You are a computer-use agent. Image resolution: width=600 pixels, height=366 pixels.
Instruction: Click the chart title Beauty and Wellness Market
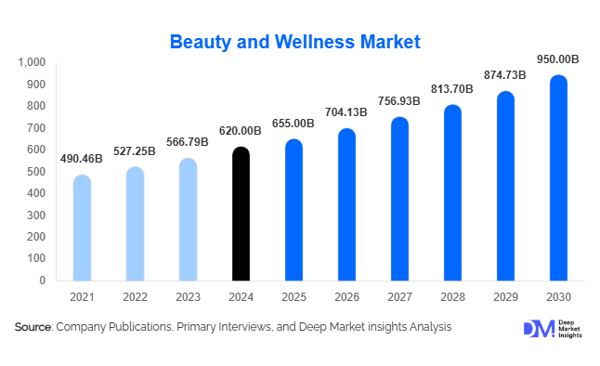295,42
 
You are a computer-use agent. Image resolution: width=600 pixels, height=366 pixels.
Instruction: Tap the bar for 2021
82,228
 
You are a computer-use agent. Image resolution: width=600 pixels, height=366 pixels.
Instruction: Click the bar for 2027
399,199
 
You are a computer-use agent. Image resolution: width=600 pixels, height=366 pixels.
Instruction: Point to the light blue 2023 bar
188,219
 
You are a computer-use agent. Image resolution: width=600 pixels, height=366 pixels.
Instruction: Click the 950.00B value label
558,59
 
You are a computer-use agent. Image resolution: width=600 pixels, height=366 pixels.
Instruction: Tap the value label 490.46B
82,160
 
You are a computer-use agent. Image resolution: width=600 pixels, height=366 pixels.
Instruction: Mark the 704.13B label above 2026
346,113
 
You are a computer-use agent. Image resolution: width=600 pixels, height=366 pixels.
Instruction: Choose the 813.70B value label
452,90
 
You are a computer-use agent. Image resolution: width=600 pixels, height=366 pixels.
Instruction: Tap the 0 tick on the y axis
42,281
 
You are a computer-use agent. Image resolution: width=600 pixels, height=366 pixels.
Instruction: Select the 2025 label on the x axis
293,296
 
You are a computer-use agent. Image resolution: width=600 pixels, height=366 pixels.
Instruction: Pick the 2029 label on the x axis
505,296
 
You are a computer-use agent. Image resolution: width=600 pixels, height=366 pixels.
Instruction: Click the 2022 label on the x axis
135,296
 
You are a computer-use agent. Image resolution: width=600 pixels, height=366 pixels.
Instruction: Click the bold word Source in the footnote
33,327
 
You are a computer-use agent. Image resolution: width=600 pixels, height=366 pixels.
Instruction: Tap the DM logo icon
538,329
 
